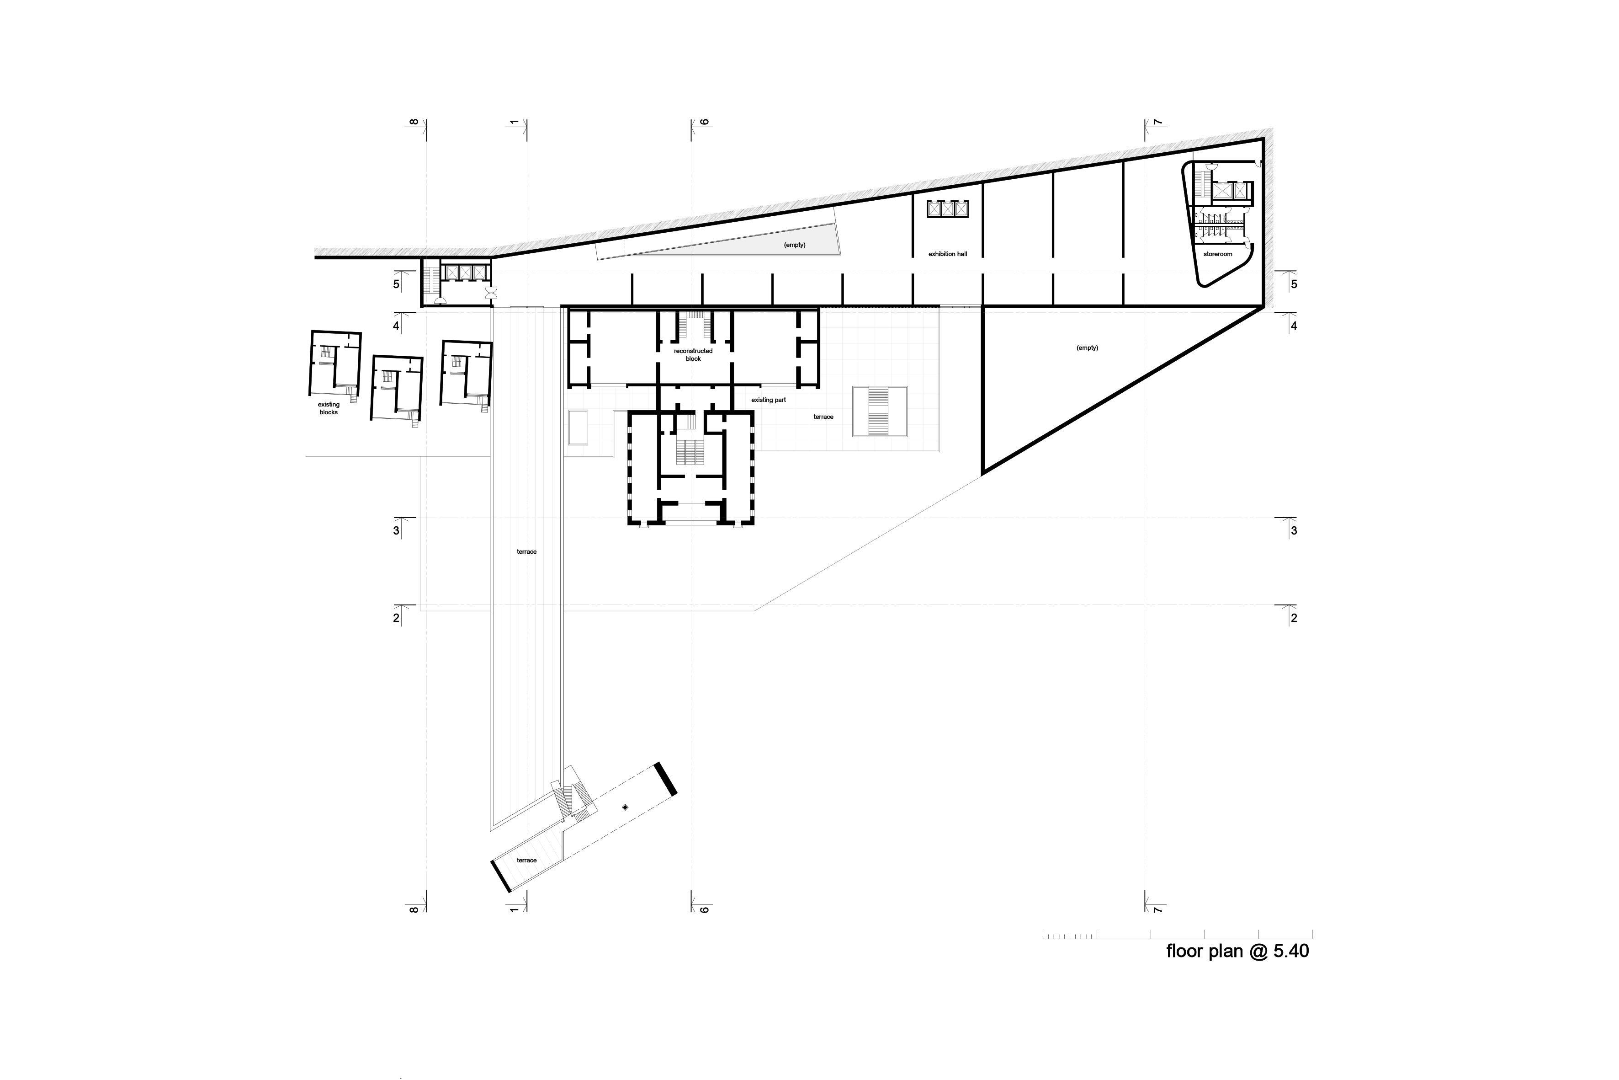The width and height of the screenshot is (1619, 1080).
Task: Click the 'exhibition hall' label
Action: click(947, 254)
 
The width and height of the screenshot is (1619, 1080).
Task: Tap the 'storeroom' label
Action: click(1218, 254)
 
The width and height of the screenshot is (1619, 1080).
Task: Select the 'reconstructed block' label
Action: click(693, 355)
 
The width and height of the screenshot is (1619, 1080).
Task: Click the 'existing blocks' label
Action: click(329, 408)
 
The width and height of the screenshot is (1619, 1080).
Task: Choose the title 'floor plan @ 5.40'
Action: click(1237, 951)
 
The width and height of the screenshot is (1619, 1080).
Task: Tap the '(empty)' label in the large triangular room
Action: click(1087, 348)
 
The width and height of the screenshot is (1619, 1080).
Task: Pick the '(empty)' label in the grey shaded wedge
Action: click(794, 245)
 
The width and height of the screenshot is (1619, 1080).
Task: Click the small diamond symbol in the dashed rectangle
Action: click(625, 807)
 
